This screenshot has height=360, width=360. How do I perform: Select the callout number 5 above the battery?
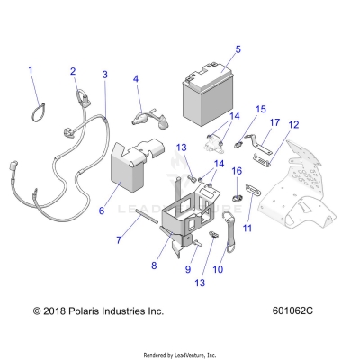[x=238, y=49]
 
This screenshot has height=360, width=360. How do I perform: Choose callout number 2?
[x=73, y=71]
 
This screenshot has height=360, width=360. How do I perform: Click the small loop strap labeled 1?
[x=37, y=108]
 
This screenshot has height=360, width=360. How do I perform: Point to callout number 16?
[x=238, y=170]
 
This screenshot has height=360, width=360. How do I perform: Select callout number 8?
[x=155, y=265]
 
